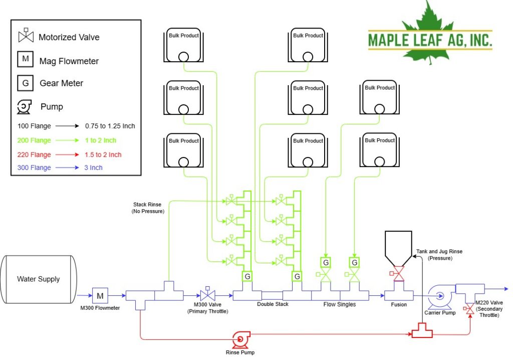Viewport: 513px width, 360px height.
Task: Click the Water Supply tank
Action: (39, 279)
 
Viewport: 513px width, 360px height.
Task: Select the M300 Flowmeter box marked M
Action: (100, 296)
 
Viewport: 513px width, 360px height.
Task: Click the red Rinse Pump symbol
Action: (241, 339)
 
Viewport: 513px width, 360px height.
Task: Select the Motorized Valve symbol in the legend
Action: (26, 36)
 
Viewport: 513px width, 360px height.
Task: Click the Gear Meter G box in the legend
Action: (25, 83)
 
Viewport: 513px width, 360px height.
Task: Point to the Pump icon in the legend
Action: (24, 106)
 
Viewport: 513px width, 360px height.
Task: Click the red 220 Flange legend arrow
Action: (67, 154)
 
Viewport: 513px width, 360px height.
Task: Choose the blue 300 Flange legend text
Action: (34, 168)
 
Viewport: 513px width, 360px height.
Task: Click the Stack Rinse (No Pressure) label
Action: (148, 208)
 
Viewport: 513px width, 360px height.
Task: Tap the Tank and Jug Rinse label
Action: (439, 255)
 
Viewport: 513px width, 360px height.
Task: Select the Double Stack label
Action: (273, 304)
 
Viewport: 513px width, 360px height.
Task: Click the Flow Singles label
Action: (340, 304)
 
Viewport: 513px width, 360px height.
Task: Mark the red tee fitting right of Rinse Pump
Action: (422, 331)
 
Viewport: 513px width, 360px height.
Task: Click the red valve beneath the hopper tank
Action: (398, 274)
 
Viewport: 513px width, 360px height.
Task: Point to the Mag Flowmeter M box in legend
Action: (25, 59)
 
